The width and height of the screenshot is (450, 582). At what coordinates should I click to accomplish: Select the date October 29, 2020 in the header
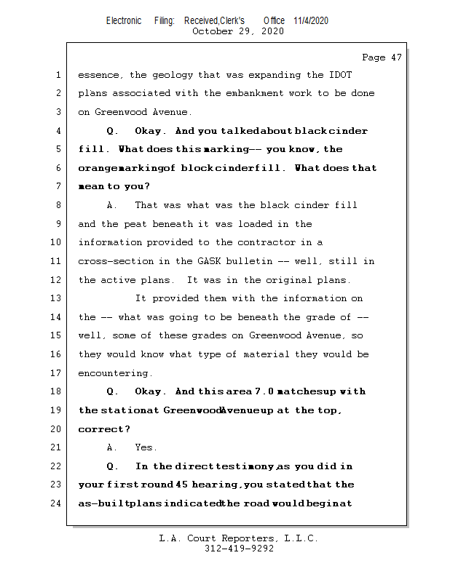pyautogui.click(x=238, y=31)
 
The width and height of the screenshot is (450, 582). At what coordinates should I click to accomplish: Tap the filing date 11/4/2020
pyautogui.click(x=311, y=20)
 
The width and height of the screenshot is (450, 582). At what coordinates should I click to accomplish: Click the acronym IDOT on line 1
pyautogui.click(x=340, y=75)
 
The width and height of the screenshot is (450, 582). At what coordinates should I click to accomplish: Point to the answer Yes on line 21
pyautogui.click(x=146, y=447)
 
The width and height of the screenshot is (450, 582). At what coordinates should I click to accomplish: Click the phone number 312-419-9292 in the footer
pyautogui.click(x=239, y=549)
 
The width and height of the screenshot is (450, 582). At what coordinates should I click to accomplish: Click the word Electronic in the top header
pyautogui.click(x=124, y=20)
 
